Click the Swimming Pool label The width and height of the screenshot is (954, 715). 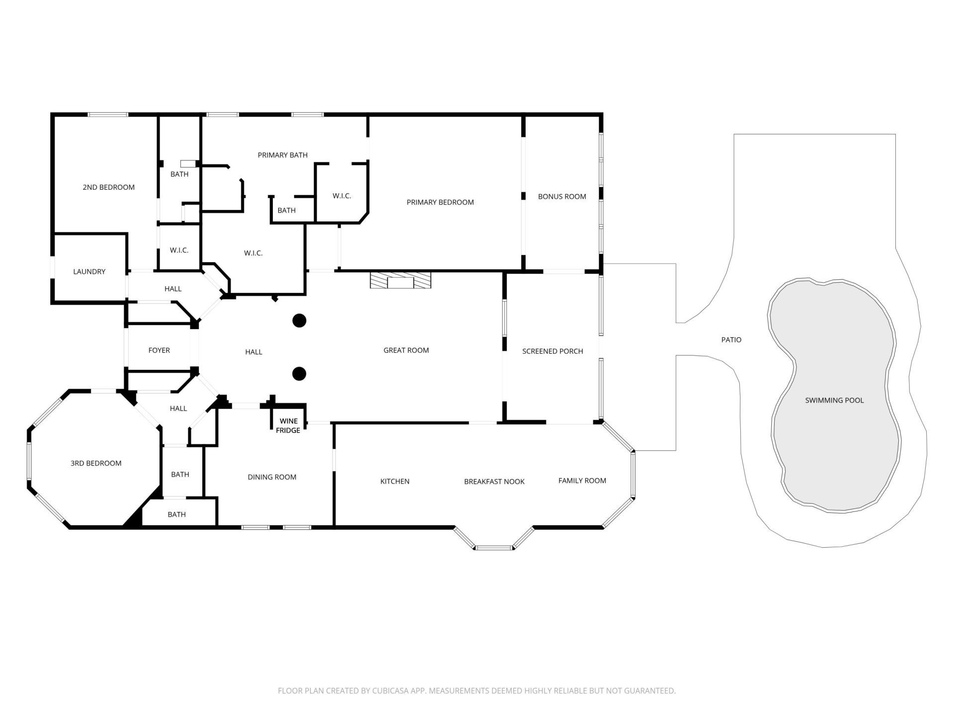[834, 400]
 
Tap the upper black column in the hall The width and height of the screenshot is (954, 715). [299, 321]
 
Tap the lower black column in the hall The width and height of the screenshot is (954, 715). [299, 374]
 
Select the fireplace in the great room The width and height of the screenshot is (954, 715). [400, 280]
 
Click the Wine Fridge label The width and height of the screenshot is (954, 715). [288, 426]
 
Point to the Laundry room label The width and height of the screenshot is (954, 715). [89, 272]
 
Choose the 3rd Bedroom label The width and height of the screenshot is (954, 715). [96, 463]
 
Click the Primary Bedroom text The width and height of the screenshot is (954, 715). [440, 202]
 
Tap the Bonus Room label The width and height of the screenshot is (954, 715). [562, 197]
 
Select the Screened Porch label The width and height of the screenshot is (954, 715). [553, 351]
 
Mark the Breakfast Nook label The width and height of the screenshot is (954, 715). [494, 482]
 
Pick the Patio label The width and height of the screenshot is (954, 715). [731, 340]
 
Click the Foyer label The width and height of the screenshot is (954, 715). [159, 350]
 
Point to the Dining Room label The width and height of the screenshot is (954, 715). [272, 477]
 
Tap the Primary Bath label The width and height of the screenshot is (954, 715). [283, 155]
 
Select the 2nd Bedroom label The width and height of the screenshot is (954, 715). [108, 187]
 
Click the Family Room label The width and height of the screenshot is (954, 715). [582, 481]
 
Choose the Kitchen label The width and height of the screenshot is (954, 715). [395, 481]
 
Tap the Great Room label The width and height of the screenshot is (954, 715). [406, 350]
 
